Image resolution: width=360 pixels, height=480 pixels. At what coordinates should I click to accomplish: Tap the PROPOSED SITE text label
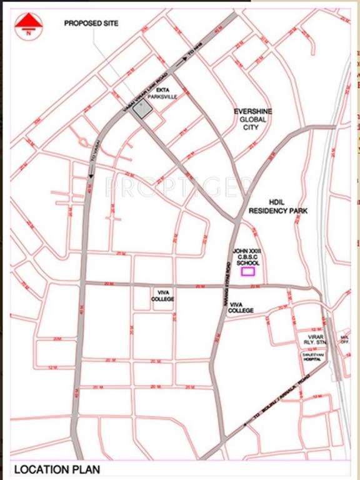tap(91, 24)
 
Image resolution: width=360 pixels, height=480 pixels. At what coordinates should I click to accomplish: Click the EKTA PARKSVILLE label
tap(162, 93)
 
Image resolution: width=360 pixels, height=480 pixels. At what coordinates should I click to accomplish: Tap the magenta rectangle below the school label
tap(249, 271)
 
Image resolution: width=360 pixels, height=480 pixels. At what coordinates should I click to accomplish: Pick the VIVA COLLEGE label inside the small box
tap(162, 295)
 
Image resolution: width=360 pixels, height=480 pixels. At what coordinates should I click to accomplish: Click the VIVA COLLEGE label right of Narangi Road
tap(241, 307)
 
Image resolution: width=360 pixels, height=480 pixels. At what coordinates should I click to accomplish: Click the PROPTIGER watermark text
tap(180, 186)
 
